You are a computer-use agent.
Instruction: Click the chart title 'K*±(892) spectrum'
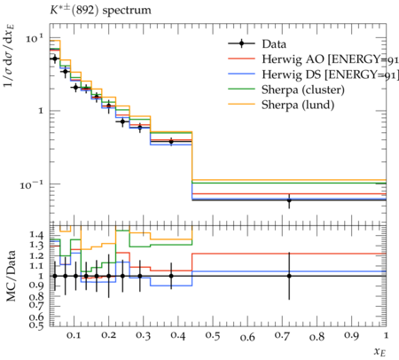click(100, 11)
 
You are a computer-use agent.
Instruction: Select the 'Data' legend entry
click(257, 44)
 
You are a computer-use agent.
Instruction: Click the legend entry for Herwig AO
click(313, 59)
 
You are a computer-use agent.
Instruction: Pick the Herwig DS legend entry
click(313, 74)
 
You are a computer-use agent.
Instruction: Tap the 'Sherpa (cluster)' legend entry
click(286, 90)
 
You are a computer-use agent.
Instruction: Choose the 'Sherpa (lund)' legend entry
click(281, 105)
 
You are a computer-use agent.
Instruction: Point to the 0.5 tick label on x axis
click(213, 336)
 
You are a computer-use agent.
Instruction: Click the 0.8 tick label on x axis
click(317, 336)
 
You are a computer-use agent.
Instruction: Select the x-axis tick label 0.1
click(74, 336)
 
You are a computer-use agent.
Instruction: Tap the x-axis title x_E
click(380, 351)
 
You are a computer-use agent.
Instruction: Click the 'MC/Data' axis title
click(11, 276)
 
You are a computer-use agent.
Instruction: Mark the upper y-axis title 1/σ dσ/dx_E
click(10, 56)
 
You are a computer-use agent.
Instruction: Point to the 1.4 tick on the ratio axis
click(36, 235)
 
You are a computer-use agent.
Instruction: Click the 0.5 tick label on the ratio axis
click(36, 325)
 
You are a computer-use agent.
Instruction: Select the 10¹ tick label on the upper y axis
click(35, 38)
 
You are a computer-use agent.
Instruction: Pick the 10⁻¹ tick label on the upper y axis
click(32, 184)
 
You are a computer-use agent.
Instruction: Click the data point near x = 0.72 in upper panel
click(289, 200)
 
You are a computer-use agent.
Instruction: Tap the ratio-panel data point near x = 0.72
click(289, 276)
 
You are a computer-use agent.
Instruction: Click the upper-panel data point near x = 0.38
click(171, 142)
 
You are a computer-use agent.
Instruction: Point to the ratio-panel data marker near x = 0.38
click(171, 276)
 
